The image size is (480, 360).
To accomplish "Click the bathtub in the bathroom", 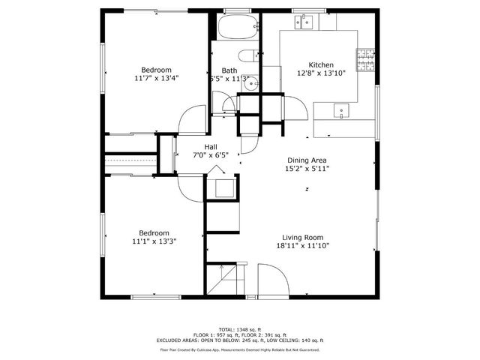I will tap(238, 29).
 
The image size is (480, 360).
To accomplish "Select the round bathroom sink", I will tap(251, 83).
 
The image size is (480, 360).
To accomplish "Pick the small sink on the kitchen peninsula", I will tap(341, 112).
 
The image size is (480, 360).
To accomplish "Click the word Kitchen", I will tap(322, 65).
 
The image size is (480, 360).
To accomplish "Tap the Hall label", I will tap(211, 147).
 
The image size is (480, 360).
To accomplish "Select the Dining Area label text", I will tap(307, 160).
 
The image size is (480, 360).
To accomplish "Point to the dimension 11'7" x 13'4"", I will tap(157, 78).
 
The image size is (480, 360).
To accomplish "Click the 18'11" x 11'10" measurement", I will tap(303, 246).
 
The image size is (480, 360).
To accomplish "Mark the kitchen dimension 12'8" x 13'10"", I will tap(322, 73).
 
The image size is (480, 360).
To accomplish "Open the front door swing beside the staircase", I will tap(274, 279).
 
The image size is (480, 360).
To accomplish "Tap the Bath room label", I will tap(229, 70).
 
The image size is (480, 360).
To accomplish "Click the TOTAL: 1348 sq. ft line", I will tap(239, 329).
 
